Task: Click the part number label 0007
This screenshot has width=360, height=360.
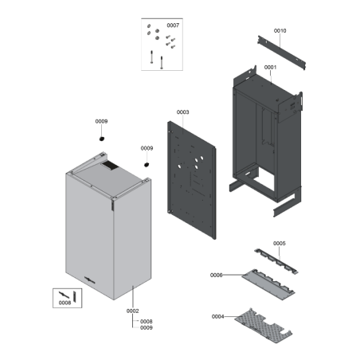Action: (173, 25)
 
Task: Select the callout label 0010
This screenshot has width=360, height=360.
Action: (280, 31)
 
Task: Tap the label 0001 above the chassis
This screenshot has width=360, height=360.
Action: (270, 68)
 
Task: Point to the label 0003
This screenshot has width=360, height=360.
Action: (183, 112)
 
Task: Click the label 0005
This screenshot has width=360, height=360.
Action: (280, 244)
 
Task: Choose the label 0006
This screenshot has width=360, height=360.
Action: (217, 276)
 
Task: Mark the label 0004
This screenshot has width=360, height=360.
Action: (218, 316)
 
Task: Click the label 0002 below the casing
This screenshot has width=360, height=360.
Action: (132, 311)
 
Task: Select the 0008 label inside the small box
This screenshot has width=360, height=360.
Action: (65, 303)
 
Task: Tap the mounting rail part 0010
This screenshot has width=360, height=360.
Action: (281, 53)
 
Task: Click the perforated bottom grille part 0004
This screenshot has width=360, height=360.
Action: (264, 326)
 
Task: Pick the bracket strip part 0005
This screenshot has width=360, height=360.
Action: (276, 261)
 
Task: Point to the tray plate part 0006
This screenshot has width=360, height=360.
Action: (268, 284)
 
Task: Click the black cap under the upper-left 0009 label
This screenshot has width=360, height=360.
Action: (102, 139)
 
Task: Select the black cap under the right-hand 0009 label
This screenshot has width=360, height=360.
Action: (147, 165)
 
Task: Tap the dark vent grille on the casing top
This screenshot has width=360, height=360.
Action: (110, 165)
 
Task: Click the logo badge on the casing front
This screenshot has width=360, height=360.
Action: (90, 280)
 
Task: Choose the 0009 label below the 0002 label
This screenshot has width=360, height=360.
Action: (147, 328)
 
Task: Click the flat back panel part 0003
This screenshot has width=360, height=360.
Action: (192, 180)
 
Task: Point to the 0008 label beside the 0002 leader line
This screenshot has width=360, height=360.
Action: (147, 322)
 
